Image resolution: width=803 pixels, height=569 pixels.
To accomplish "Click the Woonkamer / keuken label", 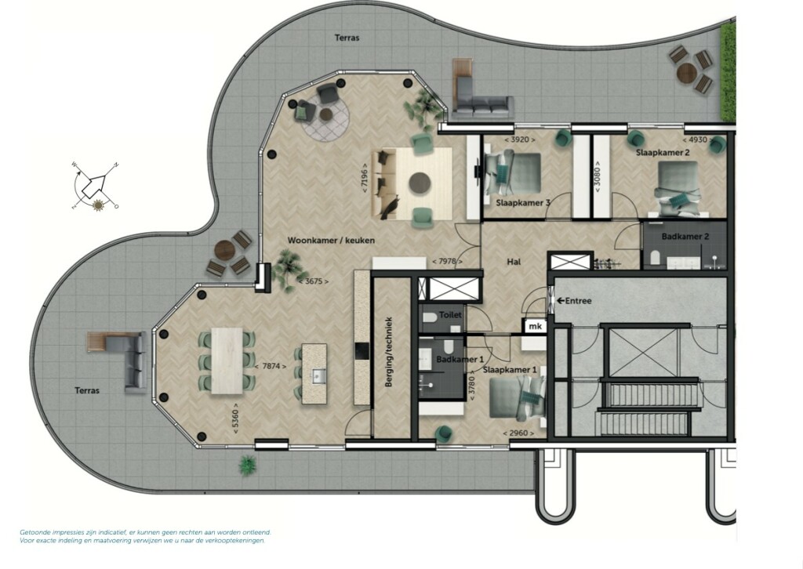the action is (x=331, y=240).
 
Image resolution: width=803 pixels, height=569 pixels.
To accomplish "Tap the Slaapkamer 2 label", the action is (x=663, y=153).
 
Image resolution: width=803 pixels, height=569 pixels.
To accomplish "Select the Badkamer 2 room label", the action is (x=685, y=237).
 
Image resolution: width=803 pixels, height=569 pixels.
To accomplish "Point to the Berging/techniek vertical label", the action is (x=389, y=352).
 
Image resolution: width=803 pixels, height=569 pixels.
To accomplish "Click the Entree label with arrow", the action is (x=575, y=301).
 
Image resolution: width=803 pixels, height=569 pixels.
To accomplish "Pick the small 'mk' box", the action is (x=535, y=326).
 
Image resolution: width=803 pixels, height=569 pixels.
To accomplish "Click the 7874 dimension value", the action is (x=271, y=366).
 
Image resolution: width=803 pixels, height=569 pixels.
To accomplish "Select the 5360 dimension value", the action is (x=235, y=421).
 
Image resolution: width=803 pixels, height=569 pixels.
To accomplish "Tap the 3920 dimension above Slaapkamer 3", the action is (x=520, y=140).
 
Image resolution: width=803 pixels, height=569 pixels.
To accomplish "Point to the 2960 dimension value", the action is (x=518, y=433).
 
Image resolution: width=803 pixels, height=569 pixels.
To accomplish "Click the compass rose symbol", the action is (x=95, y=186).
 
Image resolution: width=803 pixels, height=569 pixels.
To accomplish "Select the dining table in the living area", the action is (x=227, y=361).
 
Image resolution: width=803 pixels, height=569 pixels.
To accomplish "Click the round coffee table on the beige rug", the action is (x=420, y=183).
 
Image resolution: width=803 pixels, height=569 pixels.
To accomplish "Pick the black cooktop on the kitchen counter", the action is (x=362, y=351).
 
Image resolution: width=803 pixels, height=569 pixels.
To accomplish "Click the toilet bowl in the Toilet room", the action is (x=431, y=317).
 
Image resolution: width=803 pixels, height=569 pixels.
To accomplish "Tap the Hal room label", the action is (x=514, y=262).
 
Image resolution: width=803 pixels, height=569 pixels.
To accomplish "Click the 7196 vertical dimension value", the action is (x=364, y=178).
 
